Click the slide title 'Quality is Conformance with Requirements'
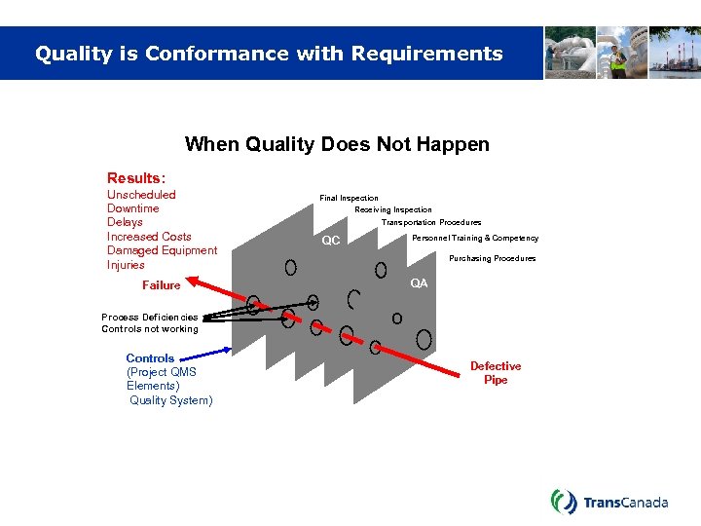tap(269, 54)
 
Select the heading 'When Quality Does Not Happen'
tap(337, 144)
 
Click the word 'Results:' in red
tap(136, 178)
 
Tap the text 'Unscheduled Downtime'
tap(141, 202)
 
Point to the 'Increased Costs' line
tap(149, 237)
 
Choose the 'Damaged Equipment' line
tap(162, 250)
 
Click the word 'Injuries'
tap(126, 265)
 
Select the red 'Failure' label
tap(162, 285)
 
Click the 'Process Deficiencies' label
tap(150, 317)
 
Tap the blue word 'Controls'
tap(150, 358)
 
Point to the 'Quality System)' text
tap(170, 400)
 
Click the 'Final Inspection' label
tap(349, 198)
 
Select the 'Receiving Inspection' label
tap(392, 209)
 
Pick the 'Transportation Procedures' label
tap(430, 222)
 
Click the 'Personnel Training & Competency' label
tap(475, 238)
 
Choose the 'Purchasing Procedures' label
tap(492, 258)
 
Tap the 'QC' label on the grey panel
tap(331, 241)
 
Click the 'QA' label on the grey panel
tap(419, 283)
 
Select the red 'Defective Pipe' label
tap(496, 373)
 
